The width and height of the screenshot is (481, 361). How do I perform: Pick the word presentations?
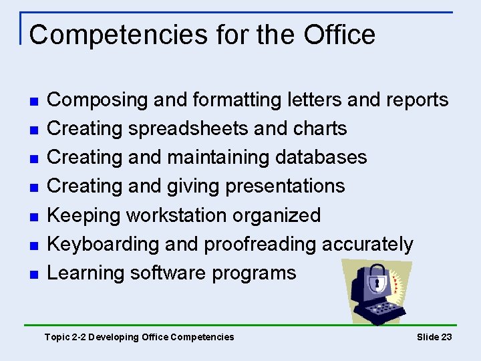tap(285, 186)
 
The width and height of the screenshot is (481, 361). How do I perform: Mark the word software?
tap(168, 273)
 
